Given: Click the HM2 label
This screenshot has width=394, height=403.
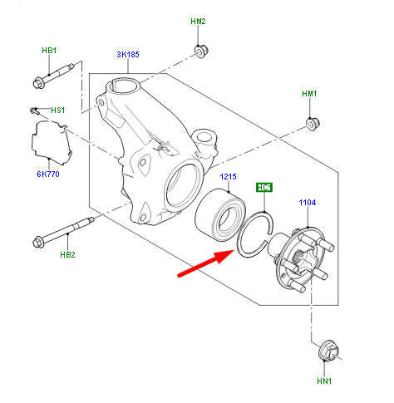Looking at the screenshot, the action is (198, 22).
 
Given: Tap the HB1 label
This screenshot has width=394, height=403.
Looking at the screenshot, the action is (49, 51).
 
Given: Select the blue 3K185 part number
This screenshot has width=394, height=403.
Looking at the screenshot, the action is (128, 54).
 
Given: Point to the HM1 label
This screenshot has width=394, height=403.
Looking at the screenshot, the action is (309, 94).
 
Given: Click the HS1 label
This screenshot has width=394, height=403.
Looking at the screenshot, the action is (57, 111).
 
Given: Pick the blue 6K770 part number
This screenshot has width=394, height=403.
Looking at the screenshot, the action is (48, 174).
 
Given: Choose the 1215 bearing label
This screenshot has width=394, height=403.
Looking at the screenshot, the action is (228, 177).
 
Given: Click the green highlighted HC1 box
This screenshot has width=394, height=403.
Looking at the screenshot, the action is (264, 188).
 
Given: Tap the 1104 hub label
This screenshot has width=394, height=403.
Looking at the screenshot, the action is (308, 203).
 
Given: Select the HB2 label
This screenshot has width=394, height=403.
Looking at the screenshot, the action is (67, 254).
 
